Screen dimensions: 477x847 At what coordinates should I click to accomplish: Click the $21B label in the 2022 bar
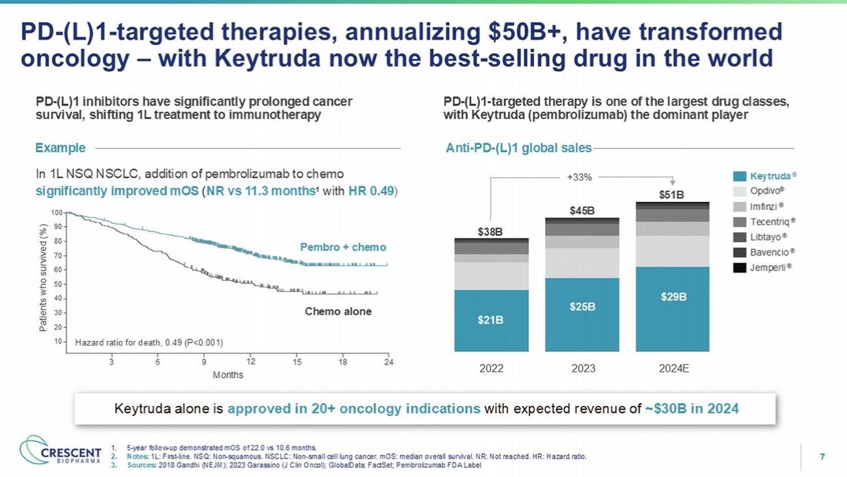point(491,320)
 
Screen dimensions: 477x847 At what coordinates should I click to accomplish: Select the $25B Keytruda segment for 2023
point(583,307)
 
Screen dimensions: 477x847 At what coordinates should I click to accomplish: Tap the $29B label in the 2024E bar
point(673,296)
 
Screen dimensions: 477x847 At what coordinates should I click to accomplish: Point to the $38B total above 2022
point(491,231)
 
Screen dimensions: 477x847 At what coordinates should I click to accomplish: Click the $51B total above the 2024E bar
point(673,194)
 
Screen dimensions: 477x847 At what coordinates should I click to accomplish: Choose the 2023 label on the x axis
point(583,368)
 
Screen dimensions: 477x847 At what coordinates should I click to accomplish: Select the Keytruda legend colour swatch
point(740,176)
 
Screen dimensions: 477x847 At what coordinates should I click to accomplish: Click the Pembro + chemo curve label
point(343,248)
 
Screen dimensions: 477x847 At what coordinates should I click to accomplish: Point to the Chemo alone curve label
point(338,312)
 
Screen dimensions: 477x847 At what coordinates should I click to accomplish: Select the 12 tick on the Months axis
point(251,361)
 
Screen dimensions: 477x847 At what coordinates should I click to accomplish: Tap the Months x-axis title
point(228,375)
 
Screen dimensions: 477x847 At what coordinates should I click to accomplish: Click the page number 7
point(822,457)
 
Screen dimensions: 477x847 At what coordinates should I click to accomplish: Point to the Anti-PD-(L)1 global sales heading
point(517,148)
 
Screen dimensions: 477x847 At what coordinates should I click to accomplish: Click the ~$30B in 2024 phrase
point(691,409)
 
